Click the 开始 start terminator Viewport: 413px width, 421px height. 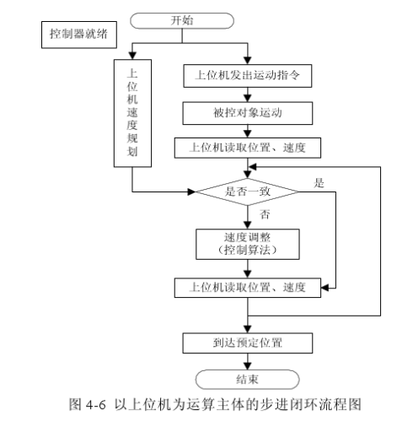(x=182, y=20)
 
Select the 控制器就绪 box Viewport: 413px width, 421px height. (x=79, y=35)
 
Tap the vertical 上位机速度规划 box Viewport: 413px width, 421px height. (x=132, y=113)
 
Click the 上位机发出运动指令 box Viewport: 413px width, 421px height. (x=248, y=76)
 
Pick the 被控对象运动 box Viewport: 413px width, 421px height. (x=248, y=113)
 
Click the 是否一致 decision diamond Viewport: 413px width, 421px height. (x=247, y=192)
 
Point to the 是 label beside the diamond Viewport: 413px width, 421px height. (x=319, y=183)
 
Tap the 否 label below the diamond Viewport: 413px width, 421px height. (x=265, y=214)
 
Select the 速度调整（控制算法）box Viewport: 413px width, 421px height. (x=248, y=244)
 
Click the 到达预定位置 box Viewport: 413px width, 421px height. (x=248, y=343)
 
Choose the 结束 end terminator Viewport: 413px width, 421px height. (x=247, y=380)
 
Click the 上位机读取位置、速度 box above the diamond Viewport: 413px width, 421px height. (x=248, y=148)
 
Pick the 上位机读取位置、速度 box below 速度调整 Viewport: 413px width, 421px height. (x=248, y=288)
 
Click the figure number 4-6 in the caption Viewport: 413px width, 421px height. (x=96, y=405)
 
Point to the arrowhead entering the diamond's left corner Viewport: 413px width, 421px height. (x=191, y=192)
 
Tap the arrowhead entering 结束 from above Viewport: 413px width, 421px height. (x=248, y=366)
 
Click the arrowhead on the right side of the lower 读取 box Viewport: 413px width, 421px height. (x=324, y=288)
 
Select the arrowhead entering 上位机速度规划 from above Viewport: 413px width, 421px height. (x=132, y=56)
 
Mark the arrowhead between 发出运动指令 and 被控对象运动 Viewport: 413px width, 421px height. (x=248, y=98)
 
